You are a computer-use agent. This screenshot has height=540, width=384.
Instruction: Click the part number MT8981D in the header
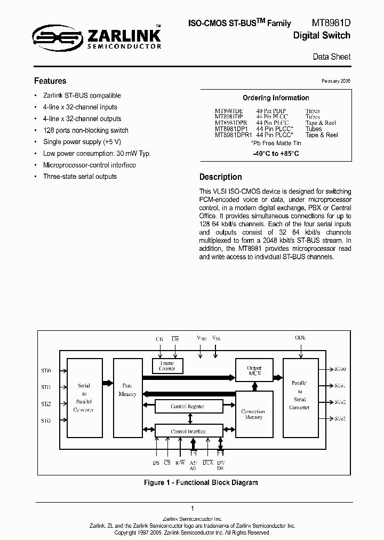(331, 23)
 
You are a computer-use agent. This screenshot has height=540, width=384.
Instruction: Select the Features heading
(50, 81)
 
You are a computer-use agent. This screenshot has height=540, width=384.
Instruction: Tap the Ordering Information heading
(276, 98)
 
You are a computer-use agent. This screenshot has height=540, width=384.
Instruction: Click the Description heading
(220, 177)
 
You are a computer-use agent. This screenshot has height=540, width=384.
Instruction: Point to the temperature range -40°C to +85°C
(276, 154)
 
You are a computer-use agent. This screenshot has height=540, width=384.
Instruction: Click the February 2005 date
(335, 81)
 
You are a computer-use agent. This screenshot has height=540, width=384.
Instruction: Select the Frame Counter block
(167, 366)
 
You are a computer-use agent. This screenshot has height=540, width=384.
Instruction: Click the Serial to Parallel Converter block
(84, 398)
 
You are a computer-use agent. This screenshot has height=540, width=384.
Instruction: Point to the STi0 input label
(46, 370)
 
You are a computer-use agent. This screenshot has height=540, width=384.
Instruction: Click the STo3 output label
(340, 419)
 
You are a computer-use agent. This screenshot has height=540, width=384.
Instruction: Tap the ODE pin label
(301, 338)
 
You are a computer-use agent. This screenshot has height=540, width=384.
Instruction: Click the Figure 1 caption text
(201, 482)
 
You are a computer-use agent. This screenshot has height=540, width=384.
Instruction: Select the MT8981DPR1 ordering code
(233, 135)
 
